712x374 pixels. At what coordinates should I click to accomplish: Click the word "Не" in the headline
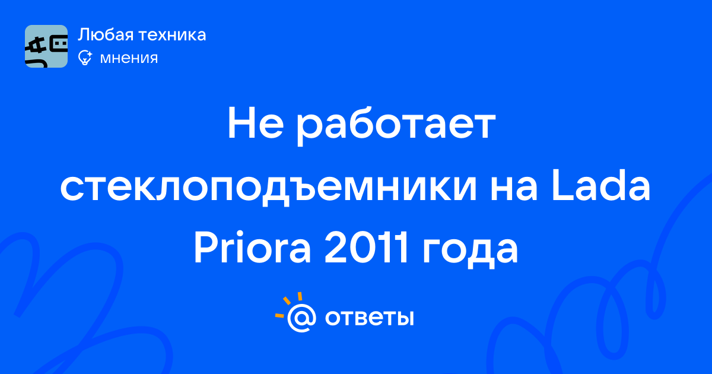pos(256,123)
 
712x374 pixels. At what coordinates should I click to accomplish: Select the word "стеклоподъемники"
pos(268,188)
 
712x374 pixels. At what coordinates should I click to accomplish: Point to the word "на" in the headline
pos(514,190)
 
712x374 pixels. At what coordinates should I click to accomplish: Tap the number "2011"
pos(365,248)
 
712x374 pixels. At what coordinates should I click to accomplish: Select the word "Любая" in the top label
pos(106,34)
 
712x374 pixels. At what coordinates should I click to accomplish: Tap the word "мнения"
pos(129,58)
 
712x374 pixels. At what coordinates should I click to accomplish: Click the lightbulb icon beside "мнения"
pos(85,58)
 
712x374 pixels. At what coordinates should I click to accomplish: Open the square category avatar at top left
pos(46,46)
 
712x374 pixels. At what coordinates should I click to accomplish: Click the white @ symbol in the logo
pos(301,318)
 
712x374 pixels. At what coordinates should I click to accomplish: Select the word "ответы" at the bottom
pos(369,318)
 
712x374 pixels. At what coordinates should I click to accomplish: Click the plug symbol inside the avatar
pos(37,47)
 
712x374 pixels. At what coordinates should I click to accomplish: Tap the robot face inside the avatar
pos(60,44)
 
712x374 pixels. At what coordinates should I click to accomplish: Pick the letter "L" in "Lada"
pos(563,186)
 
